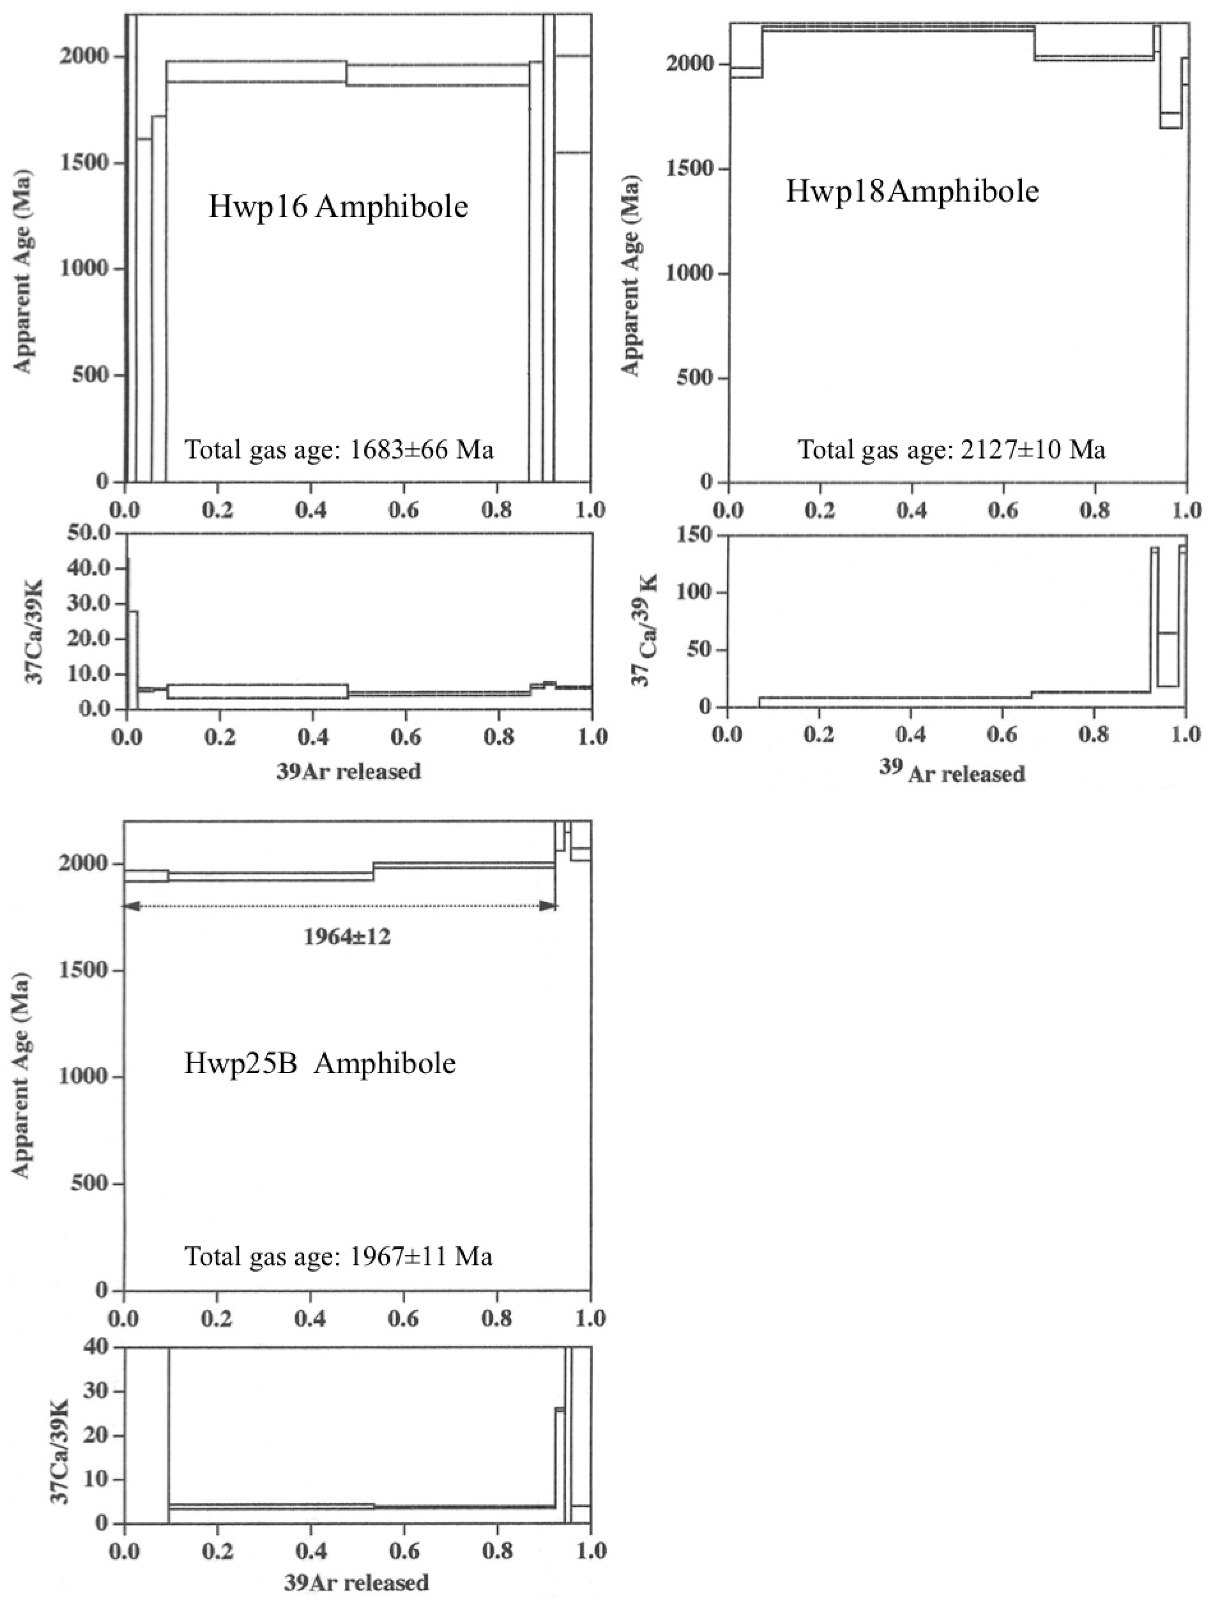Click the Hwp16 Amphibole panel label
click(338, 207)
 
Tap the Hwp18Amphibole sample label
click(912, 191)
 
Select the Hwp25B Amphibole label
click(320, 1064)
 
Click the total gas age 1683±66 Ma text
click(339, 450)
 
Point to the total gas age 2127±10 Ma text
click(952, 450)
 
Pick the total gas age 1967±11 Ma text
click(338, 1256)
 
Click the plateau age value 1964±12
click(347, 937)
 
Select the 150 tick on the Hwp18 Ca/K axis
click(693, 535)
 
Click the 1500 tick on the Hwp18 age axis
click(689, 169)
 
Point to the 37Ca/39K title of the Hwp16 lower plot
click(34, 631)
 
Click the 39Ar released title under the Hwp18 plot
click(952, 773)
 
